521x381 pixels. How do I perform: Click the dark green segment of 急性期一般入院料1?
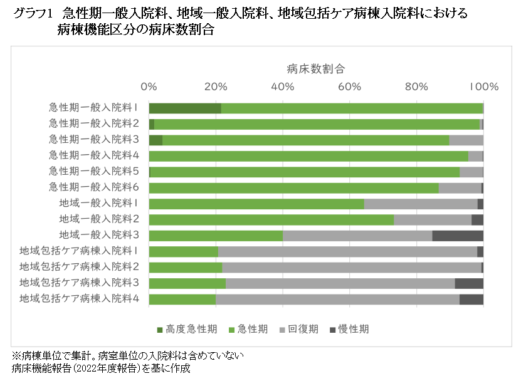point(185,108)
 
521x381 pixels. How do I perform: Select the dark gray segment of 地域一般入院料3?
point(458,236)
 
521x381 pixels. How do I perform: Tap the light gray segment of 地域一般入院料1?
point(421,204)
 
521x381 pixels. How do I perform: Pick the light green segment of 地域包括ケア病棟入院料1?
point(183,251)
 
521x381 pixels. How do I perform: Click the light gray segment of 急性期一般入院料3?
point(466,140)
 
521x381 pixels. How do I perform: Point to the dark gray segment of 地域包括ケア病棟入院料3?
point(469,283)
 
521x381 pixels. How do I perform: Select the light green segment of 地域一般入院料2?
point(271,219)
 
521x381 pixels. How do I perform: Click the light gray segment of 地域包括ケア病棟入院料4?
point(337,299)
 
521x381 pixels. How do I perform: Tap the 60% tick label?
point(350,86)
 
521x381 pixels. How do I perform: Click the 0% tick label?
point(149,86)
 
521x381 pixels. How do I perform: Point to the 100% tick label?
point(483,86)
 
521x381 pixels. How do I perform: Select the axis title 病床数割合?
point(315,68)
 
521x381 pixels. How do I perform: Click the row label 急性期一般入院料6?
point(94,187)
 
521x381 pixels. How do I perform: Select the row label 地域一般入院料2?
point(99,219)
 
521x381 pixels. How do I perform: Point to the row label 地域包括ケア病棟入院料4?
point(79,299)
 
